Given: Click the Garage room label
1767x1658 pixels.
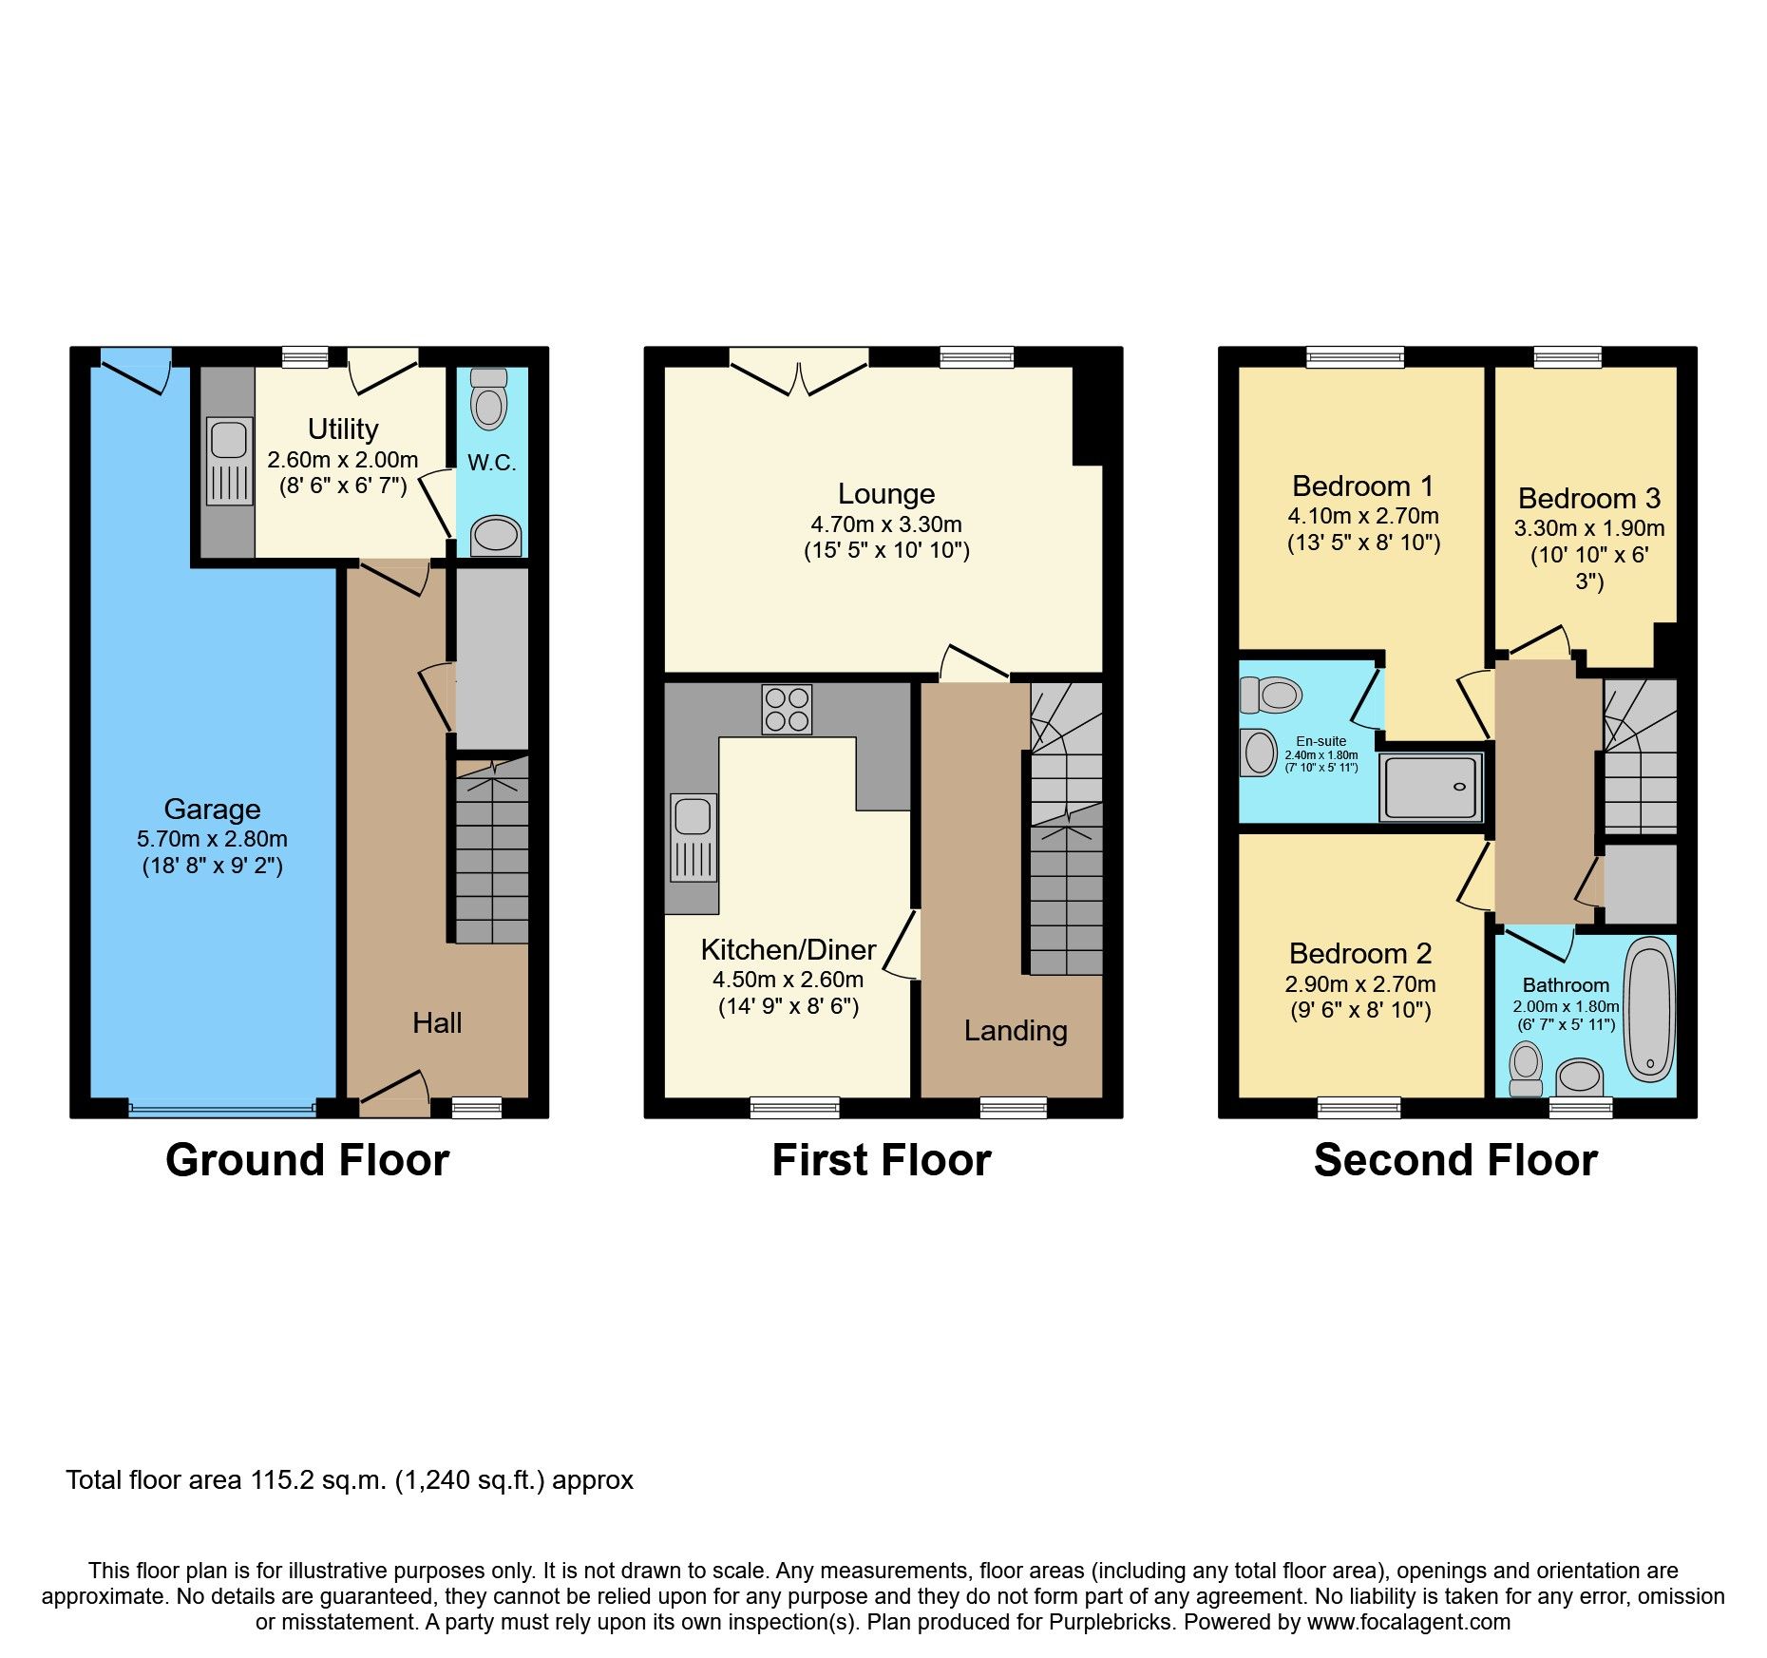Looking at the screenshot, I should point(212,809).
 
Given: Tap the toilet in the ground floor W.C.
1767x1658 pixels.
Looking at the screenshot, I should point(489,399).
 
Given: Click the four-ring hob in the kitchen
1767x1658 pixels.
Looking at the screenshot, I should point(787,710).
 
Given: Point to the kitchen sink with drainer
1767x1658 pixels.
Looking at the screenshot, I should point(693,837).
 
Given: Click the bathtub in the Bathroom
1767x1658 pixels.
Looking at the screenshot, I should point(1649,1009).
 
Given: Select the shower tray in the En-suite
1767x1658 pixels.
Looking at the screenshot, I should point(1431,787).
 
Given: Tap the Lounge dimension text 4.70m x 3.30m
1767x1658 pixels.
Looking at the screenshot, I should point(885,524).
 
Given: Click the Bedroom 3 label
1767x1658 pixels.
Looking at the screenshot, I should point(1588,498).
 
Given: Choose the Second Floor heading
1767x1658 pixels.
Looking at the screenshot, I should point(1454,1160).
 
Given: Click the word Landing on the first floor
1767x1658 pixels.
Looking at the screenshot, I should point(1016,1031).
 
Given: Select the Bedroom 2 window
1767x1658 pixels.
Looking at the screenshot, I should point(1358,1107).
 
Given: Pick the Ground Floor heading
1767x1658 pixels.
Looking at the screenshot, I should point(307,1160).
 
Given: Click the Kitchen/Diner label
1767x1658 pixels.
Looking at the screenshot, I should point(788,949).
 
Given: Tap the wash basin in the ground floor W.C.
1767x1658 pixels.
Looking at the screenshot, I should point(495,535).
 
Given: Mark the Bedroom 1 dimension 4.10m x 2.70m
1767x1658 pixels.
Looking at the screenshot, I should point(1362,516).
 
